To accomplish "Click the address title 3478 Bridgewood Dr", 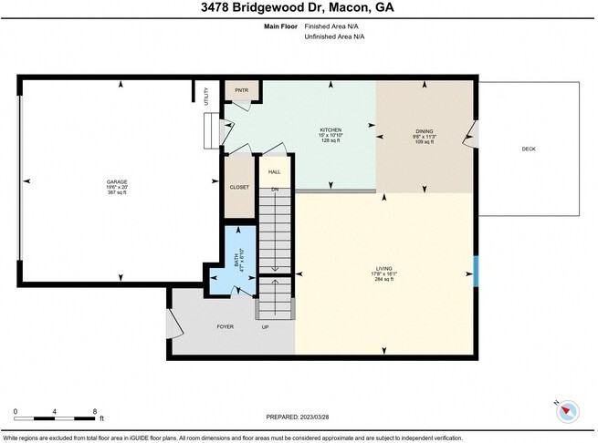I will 299,8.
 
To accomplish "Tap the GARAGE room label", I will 117,181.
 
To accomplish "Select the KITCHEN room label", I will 330,130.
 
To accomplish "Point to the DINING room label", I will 425,131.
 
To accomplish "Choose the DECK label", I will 529,149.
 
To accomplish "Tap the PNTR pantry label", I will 242,90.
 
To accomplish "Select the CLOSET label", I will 239,187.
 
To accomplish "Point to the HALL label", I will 274,170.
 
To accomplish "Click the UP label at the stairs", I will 266,326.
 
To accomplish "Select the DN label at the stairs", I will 274,189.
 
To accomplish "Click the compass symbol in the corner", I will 568,411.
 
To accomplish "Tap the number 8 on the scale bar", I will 95,413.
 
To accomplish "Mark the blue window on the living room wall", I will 476,271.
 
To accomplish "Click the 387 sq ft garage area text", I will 117,193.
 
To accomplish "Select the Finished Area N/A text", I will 338,26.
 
